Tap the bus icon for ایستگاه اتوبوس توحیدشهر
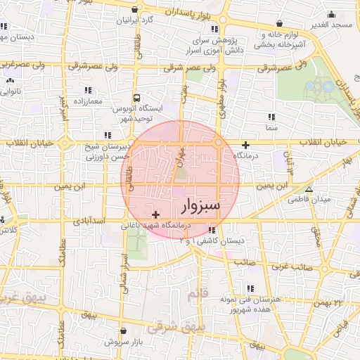(136, 98)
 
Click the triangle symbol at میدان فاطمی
(309, 190)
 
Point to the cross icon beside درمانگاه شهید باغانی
(155, 214)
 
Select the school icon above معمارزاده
(87, 91)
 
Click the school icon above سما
(271, 118)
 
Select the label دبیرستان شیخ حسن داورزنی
(109, 152)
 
